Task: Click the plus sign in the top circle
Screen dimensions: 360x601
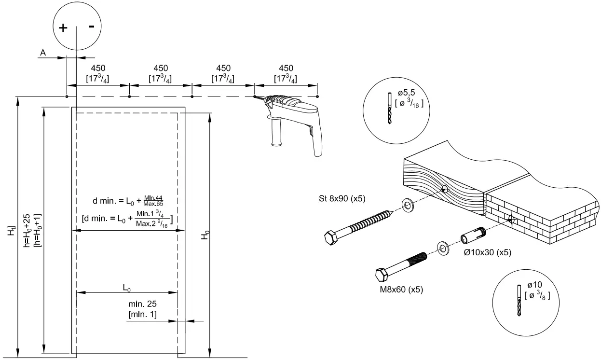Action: tap(63, 28)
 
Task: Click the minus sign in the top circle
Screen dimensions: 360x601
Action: tap(91, 27)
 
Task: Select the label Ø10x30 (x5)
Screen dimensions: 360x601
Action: tap(487, 252)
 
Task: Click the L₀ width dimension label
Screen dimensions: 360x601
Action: tap(127, 288)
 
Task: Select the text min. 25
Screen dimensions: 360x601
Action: tap(142, 305)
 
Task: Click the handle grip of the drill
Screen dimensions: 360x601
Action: tap(277, 133)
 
